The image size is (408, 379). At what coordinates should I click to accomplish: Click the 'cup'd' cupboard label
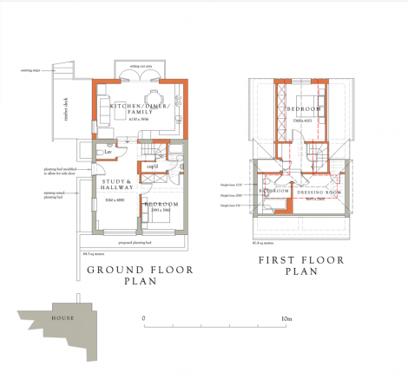click(151, 165)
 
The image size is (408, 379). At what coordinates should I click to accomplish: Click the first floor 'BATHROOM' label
click(273, 192)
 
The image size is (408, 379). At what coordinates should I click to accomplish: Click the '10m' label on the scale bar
click(285, 318)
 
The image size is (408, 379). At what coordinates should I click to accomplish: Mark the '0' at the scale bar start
click(143, 318)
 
